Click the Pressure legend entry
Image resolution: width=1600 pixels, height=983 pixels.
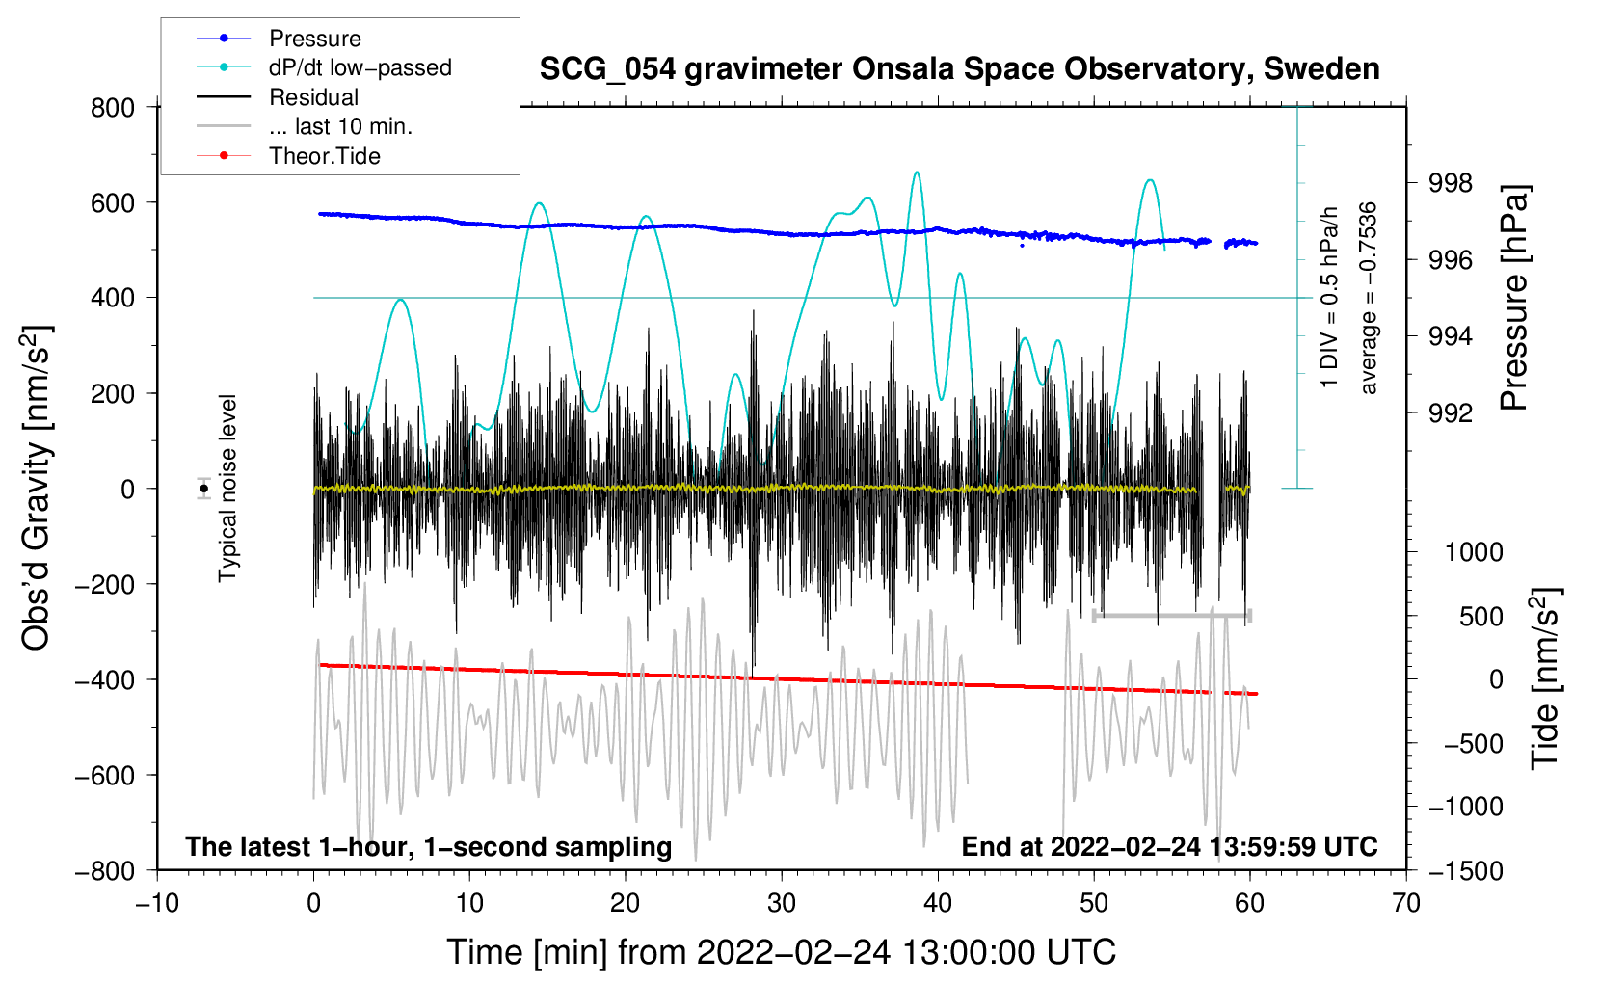click(x=314, y=39)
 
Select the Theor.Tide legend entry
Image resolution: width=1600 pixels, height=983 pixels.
click(x=324, y=156)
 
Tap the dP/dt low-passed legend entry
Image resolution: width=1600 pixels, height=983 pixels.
click(x=360, y=67)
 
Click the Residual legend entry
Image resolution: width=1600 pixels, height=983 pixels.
click(x=313, y=97)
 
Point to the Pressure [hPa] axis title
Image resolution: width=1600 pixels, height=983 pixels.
click(x=1514, y=298)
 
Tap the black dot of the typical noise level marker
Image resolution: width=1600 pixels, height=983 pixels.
click(x=204, y=489)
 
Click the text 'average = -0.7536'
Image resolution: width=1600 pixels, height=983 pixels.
click(x=1368, y=298)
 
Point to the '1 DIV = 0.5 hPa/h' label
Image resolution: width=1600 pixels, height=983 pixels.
click(x=1330, y=298)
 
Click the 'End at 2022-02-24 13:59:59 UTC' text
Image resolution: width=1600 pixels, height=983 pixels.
click(x=1169, y=846)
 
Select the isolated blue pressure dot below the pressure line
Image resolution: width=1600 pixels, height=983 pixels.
click(x=1021, y=246)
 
